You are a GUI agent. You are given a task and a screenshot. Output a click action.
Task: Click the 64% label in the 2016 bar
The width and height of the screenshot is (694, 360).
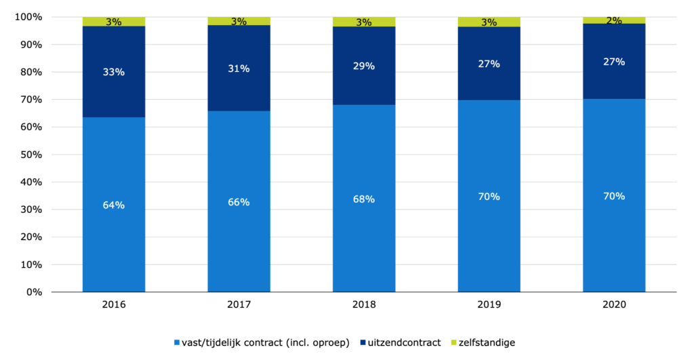114,205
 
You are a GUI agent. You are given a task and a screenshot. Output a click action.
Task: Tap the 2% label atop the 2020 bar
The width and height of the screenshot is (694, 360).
614,21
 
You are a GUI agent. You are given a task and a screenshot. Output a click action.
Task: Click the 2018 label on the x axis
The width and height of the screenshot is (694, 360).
364,306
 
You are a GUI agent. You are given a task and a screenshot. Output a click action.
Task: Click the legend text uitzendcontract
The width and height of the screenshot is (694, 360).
402,343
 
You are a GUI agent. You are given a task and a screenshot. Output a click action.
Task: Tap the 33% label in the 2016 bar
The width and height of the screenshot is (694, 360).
114,72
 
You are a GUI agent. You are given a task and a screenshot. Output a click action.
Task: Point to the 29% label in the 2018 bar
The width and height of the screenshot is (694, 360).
364,66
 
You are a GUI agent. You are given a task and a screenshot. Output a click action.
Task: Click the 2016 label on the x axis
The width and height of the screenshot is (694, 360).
114,306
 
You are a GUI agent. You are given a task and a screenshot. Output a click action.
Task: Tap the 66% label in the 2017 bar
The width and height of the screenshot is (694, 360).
239,202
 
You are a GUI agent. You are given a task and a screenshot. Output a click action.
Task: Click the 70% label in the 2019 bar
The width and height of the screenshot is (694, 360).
489,197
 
